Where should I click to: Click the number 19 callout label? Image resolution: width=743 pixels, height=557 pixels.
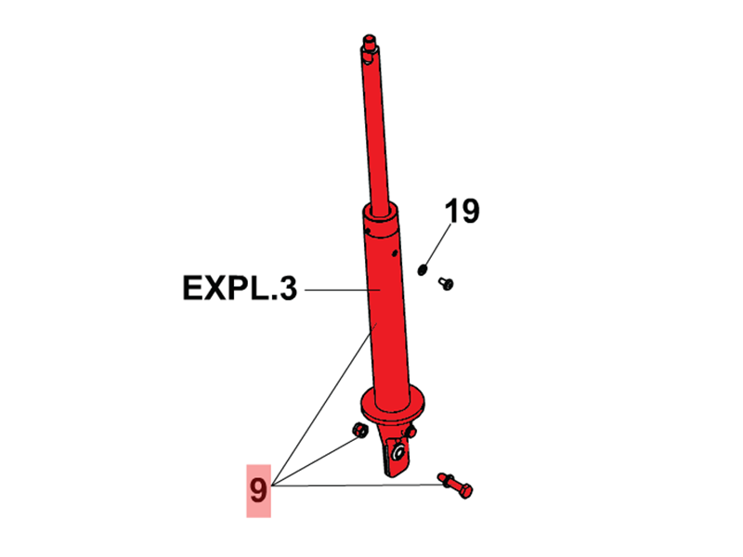point(462,212)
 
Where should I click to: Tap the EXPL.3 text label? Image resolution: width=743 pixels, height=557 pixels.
point(240,288)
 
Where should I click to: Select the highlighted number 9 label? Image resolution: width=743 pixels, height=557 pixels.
point(258,491)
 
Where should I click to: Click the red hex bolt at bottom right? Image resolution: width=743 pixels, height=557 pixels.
point(455,485)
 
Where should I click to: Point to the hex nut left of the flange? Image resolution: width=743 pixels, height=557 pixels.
point(359,429)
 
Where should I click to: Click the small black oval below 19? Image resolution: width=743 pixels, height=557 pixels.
point(423,269)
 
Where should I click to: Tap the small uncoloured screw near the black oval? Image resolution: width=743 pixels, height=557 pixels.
point(446,283)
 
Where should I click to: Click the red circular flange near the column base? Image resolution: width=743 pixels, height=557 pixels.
point(393,404)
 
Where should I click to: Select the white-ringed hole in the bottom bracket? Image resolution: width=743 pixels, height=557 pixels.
point(398,452)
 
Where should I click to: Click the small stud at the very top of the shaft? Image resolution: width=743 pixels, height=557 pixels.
point(369,39)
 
